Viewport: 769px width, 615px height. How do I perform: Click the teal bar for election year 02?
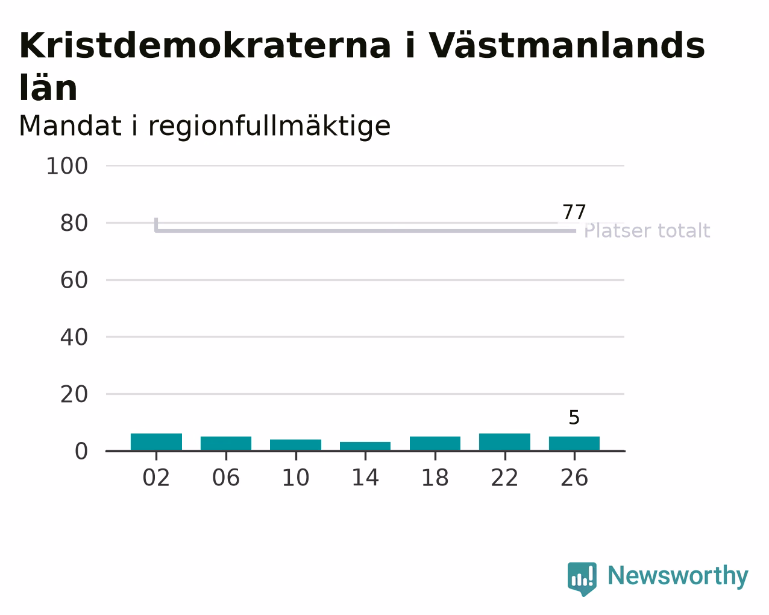[156, 441]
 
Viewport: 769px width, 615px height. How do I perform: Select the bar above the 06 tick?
[226, 443]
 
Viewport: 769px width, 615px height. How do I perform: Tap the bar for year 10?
[295, 444]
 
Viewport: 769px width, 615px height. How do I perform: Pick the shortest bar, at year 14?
[365, 446]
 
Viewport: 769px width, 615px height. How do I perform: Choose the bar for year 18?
[435, 443]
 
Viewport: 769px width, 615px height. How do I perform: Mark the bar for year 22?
[504, 441]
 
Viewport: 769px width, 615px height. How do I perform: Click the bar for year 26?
[574, 443]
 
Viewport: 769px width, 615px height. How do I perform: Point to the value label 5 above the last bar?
[574, 418]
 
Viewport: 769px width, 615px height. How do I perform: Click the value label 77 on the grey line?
[574, 212]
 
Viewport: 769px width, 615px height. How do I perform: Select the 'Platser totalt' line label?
[647, 230]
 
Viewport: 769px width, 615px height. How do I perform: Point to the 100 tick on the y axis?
[67, 166]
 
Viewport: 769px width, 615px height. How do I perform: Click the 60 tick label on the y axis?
[74, 280]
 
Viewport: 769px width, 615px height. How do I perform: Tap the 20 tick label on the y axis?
[74, 394]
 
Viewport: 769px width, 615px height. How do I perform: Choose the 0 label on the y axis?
[81, 451]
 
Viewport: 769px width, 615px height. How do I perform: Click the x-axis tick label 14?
[365, 478]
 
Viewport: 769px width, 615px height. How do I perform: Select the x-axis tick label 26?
[574, 478]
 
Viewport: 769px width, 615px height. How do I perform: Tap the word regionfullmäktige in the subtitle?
[269, 126]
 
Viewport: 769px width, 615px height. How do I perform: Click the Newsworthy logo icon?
[582, 579]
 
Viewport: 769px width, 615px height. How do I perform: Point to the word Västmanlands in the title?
[567, 45]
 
